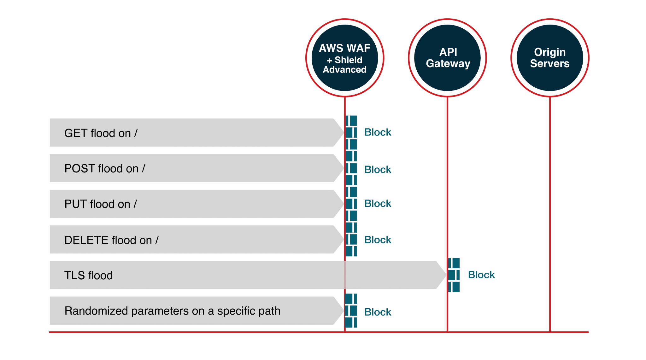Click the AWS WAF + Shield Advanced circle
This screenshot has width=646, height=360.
click(x=344, y=58)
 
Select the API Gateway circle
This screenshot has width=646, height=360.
click(x=448, y=58)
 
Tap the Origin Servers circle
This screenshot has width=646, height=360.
click(x=550, y=58)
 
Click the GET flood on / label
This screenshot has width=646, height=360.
click(x=101, y=133)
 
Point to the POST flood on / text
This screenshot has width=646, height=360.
click(x=105, y=169)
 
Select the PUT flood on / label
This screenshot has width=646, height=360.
click(x=101, y=204)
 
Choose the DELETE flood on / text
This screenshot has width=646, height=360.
click(x=111, y=240)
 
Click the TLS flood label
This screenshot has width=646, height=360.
click(x=88, y=276)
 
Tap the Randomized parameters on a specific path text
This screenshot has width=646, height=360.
click(x=172, y=311)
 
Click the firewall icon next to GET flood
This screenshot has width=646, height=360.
click(x=351, y=132)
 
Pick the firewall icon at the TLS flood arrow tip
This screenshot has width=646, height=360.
click(x=454, y=275)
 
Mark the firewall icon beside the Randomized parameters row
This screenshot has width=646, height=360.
click(x=351, y=311)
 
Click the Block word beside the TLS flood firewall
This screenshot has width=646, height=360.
click(x=481, y=275)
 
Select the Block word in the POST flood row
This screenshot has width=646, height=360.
click(x=378, y=170)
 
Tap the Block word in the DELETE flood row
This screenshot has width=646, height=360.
click(x=378, y=240)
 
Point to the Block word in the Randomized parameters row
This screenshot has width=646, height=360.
click(x=378, y=312)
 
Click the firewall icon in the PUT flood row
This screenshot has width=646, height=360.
click(x=351, y=204)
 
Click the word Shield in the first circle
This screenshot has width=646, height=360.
click(x=348, y=60)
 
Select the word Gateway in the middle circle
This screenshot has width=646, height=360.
click(x=448, y=64)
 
